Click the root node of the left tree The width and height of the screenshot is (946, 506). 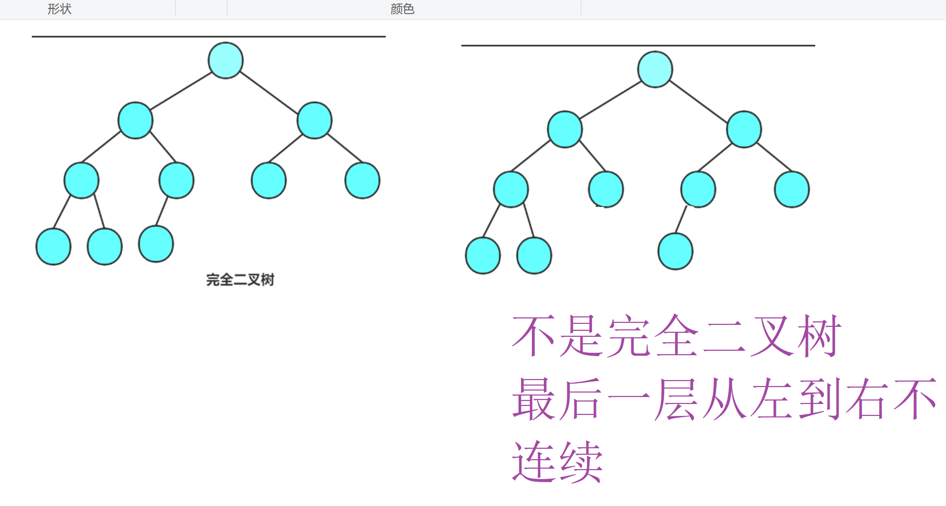tap(226, 61)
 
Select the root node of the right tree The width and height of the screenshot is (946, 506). tap(655, 70)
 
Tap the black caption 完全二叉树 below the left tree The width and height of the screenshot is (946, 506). tap(240, 280)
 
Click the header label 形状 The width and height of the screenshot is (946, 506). tap(60, 9)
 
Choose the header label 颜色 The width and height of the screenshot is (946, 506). tap(402, 9)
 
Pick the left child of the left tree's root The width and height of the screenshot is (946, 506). tap(135, 120)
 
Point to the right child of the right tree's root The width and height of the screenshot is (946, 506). tap(744, 129)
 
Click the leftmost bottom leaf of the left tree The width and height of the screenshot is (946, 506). tap(54, 247)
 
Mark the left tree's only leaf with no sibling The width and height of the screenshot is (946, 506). tap(156, 244)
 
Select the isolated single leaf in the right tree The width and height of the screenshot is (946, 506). tap(675, 252)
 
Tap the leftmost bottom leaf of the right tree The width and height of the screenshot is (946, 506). tap(483, 256)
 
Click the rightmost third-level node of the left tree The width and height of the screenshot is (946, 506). tap(362, 181)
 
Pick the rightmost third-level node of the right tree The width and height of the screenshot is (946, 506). tap(792, 190)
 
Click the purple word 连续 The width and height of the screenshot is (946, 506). tap(557, 462)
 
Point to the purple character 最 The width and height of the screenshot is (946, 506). tap(534, 399)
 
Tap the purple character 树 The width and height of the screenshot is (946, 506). tap(819, 336)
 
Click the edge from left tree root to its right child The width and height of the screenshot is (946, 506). tap(269, 92)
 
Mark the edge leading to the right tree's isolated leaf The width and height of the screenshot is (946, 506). tap(682, 219)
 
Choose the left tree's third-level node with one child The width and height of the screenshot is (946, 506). tap(176, 181)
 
